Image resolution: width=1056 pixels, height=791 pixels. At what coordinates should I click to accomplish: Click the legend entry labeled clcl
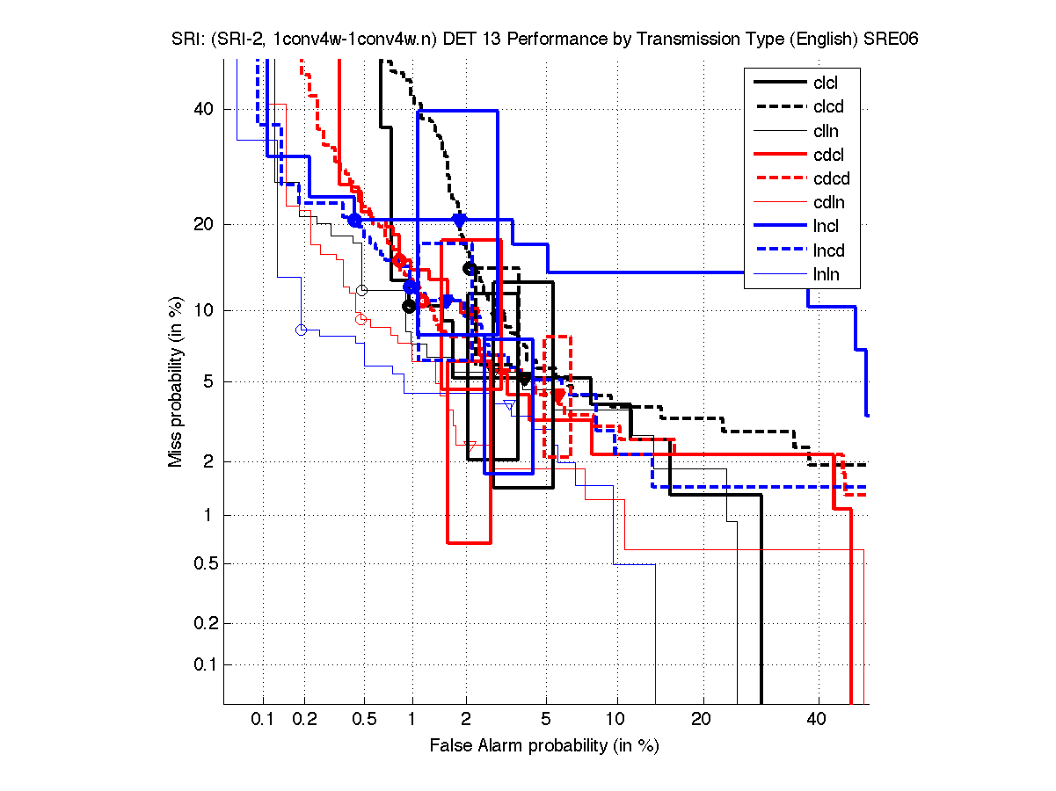[826, 83]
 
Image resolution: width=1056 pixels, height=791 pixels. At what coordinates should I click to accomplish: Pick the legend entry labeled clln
[826, 131]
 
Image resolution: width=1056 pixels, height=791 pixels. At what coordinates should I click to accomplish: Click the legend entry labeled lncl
[826, 227]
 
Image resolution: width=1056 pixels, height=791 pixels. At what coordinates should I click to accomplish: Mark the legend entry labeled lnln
[826, 274]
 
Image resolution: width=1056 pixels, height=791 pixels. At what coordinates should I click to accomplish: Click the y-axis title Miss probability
[176, 381]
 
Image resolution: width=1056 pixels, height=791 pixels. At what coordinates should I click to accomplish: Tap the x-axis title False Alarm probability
[544, 746]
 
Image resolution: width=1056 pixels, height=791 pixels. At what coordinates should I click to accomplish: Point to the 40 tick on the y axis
[204, 109]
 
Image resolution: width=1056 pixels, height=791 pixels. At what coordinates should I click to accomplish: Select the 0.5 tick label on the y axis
[200, 563]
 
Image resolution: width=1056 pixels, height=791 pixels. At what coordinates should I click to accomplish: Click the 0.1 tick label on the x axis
[263, 720]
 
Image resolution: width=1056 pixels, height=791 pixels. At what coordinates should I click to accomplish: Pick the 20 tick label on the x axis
[701, 720]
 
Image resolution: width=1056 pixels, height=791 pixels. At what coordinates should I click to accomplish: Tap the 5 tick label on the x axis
[546, 720]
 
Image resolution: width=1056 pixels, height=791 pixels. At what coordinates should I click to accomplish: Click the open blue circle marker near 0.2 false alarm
[301, 330]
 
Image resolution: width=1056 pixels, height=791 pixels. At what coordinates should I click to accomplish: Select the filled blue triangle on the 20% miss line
[459, 220]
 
